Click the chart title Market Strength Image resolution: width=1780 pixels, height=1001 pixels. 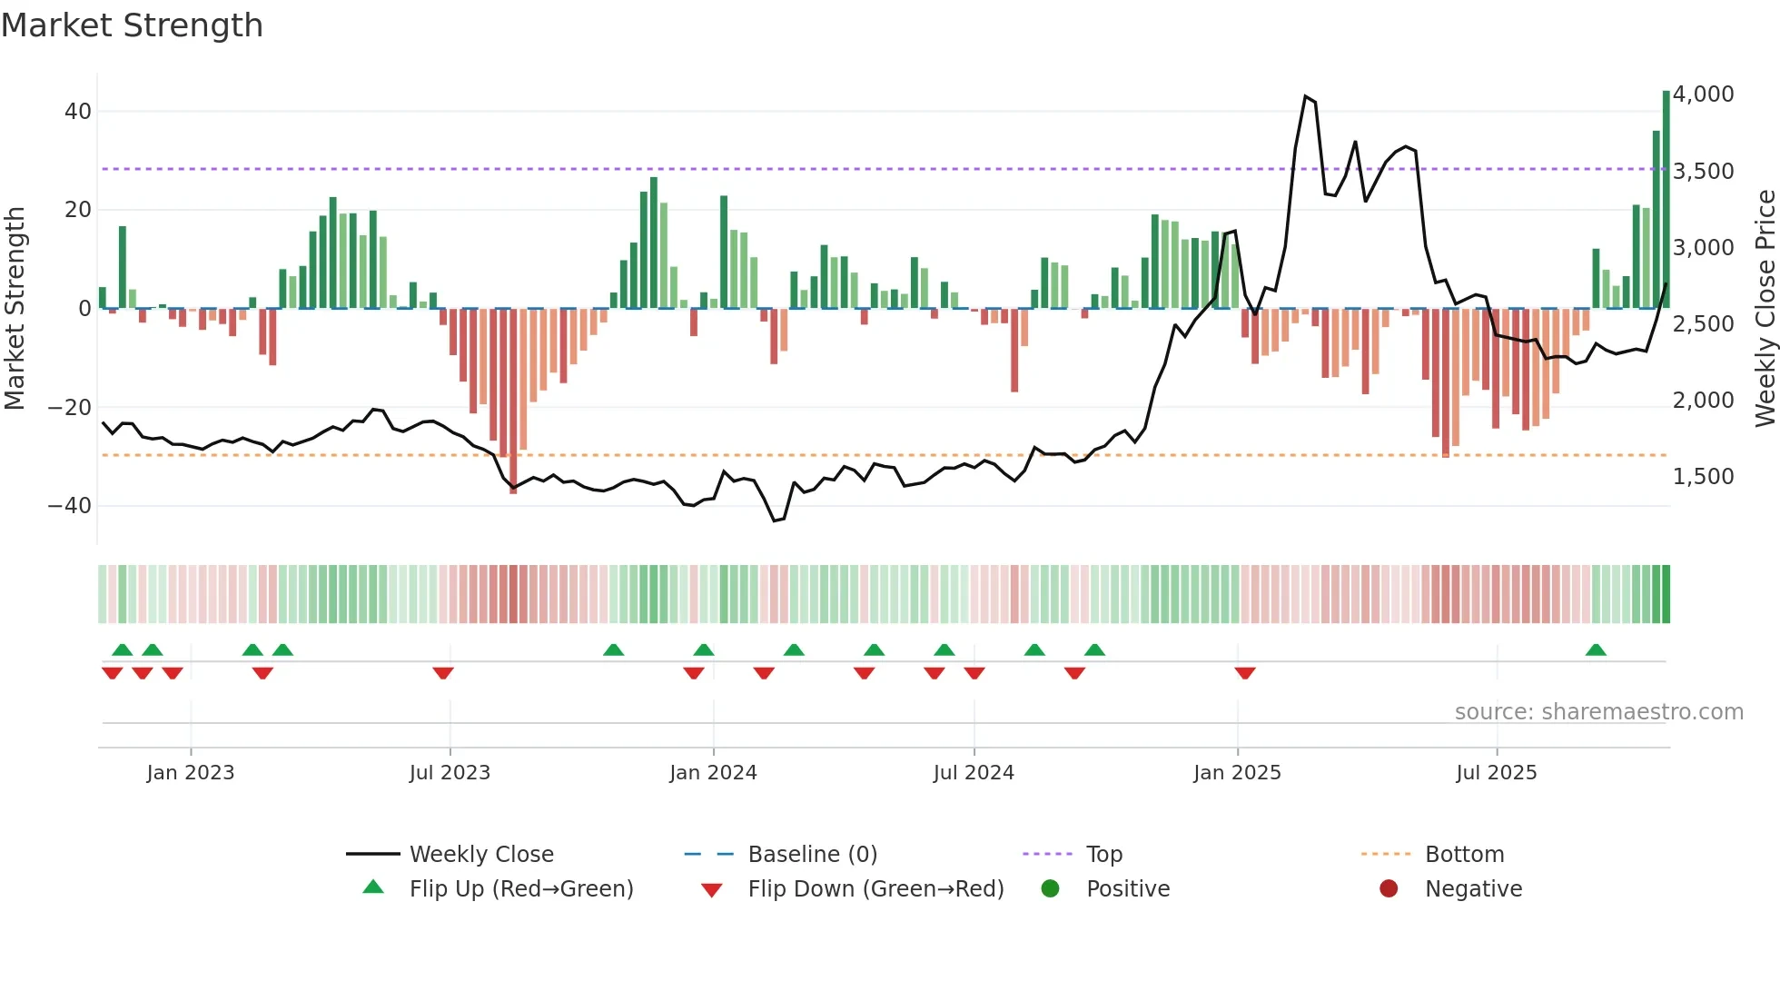[132, 25]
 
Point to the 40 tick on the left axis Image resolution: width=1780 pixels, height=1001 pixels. [78, 112]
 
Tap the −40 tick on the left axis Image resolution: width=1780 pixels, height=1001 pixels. [70, 505]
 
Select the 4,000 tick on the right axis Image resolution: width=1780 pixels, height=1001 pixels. [1703, 94]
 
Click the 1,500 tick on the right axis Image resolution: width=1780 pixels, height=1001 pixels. [1703, 477]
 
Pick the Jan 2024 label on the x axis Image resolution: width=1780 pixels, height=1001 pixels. [713, 773]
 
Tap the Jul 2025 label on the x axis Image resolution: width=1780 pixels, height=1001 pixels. [1496, 773]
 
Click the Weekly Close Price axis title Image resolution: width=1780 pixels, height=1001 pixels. [1765, 309]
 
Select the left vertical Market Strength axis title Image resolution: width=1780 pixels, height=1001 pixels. [15, 309]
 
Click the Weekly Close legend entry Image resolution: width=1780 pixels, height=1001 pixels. [480, 855]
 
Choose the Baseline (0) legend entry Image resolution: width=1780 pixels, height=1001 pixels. [812, 855]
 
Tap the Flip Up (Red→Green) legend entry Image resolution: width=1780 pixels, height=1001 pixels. [520, 889]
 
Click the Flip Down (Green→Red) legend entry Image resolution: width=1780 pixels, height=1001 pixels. [875, 889]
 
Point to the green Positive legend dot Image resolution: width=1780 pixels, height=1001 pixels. [1050, 889]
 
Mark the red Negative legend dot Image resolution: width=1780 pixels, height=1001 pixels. [1388, 889]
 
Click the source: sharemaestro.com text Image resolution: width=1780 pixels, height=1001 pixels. [1598, 712]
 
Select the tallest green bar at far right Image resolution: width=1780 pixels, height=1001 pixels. [1666, 200]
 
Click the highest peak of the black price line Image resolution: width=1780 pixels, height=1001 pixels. [1305, 96]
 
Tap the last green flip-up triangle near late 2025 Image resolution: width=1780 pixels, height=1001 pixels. [1596, 649]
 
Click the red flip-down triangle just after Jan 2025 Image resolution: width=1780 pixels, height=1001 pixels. [1245, 673]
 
